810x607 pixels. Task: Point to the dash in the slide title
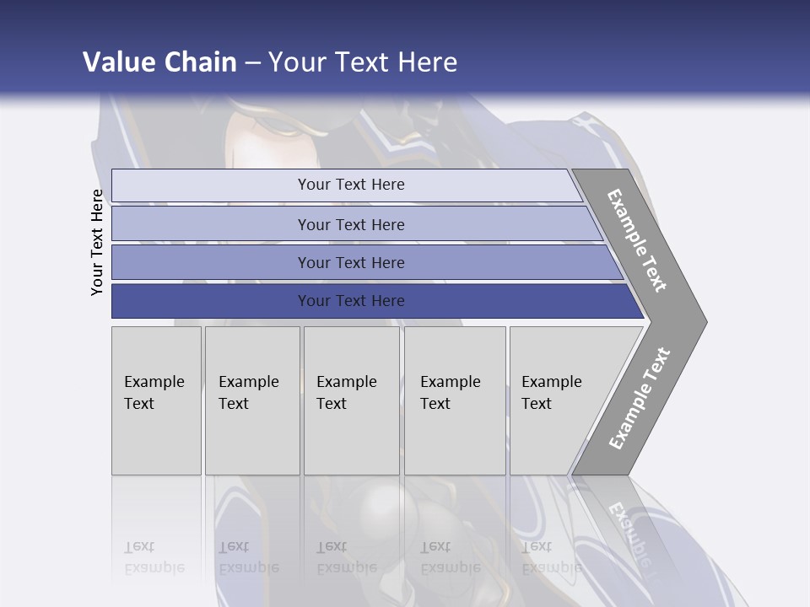252,63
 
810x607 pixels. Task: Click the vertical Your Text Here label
97,242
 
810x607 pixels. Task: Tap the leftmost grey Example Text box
156,400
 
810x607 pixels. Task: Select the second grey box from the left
252,400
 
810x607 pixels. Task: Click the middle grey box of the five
351,400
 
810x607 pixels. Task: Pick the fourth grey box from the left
455,400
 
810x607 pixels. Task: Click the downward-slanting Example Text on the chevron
637,240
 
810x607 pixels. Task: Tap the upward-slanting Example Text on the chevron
639,398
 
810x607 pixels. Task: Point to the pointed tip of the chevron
705,321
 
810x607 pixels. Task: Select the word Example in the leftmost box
154,382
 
